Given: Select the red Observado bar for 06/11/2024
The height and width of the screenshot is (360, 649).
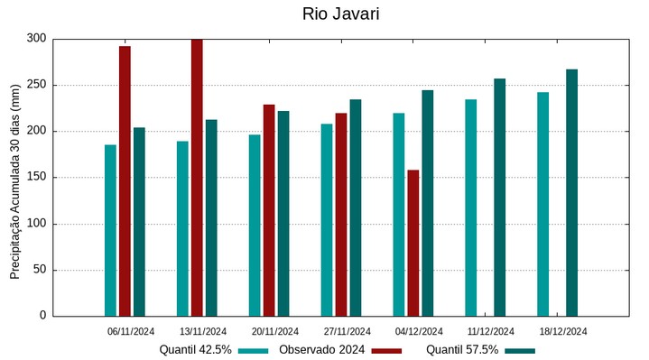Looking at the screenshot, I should (x=125, y=180).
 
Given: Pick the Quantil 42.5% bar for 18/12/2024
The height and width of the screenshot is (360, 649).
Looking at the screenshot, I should (x=542, y=204).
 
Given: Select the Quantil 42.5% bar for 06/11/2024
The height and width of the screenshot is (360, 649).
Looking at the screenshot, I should (x=110, y=230).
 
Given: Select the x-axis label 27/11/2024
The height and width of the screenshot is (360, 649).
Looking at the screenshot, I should (x=347, y=331).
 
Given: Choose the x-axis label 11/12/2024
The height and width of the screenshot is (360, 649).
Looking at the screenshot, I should (x=491, y=331).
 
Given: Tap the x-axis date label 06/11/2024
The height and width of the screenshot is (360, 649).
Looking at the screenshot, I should (x=130, y=331).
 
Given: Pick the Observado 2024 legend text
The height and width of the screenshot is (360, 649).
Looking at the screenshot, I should (x=321, y=350).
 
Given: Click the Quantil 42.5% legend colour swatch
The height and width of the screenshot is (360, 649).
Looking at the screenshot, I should (x=254, y=350).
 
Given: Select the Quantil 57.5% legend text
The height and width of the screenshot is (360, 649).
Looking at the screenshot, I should (x=462, y=350).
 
